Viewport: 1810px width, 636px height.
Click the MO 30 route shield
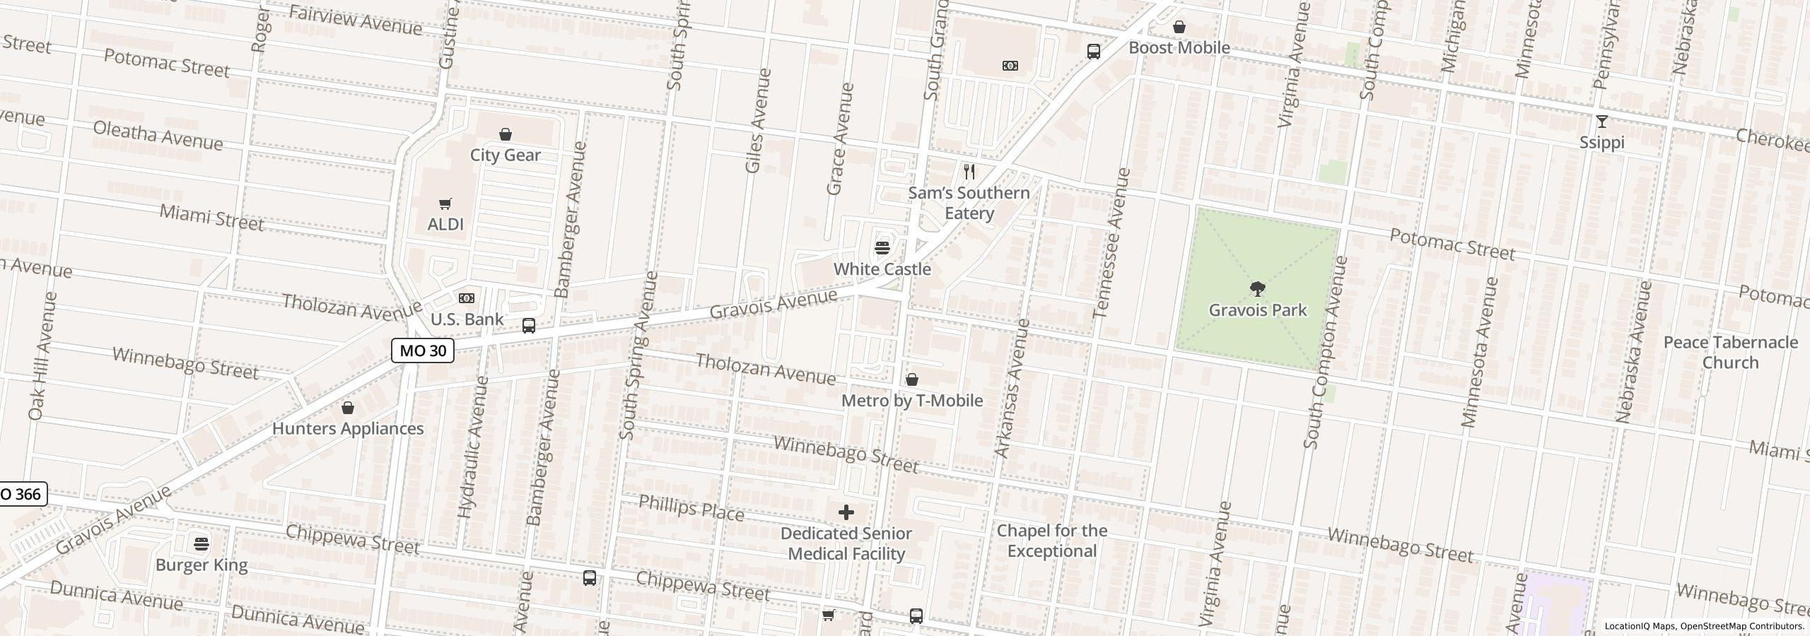[423, 351]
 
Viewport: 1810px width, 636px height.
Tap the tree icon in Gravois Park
[1257, 289]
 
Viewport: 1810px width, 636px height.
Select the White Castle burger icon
[882, 248]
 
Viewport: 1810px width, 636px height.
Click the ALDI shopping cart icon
[445, 204]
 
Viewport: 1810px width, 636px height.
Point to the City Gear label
[505, 155]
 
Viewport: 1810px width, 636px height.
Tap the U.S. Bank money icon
[467, 298]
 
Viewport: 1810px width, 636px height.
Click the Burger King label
[202, 565]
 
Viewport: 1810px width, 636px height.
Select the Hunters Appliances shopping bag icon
[347, 408]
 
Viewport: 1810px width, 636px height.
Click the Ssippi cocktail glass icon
[1601, 122]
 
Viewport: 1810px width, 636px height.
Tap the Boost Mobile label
[1179, 48]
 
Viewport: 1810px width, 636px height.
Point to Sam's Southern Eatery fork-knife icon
[969, 172]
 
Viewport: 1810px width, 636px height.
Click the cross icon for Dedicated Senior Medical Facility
[846, 512]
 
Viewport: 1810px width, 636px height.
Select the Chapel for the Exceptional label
[1051, 541]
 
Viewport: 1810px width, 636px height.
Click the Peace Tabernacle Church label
[1729, 353]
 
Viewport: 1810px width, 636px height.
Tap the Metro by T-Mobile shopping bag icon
[912, 380]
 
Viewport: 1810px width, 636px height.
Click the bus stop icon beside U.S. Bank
[528, 326]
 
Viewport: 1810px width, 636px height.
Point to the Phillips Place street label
[691, 508]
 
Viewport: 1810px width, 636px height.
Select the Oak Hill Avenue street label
[41, 355]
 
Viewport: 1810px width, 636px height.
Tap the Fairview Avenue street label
[355, 21]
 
